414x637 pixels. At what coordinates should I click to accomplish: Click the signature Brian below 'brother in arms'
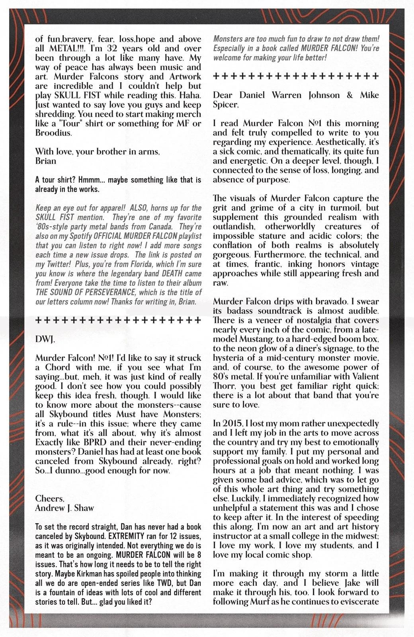coord(45,161)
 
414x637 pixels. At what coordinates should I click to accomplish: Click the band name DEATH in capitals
coord(173,274)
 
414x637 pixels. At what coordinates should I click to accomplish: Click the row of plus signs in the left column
coord(118,320)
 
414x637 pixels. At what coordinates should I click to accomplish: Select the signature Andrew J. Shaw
coord(64,508)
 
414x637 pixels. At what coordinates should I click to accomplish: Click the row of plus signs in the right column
coord(296,76)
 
